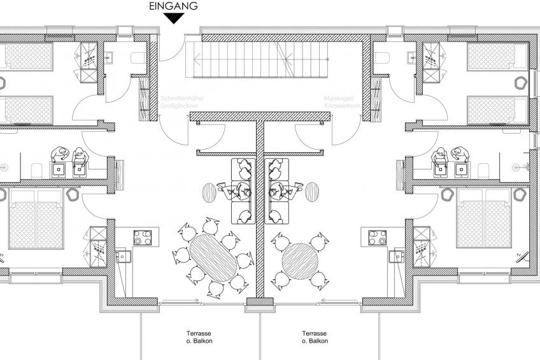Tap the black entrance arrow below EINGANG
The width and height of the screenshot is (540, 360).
[x=173, y=18]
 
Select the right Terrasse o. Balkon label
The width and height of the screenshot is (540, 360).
[x=315, y=337]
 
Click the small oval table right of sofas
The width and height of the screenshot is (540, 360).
[x=313, y=191]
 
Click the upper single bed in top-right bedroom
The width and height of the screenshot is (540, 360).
[x=497, y=57]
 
